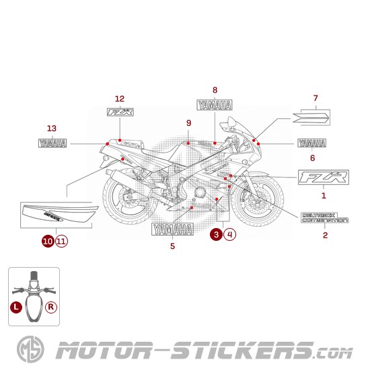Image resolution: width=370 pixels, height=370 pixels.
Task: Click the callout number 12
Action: pyautogui.click(x=120, y=98)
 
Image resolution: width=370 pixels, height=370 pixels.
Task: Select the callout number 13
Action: pyautogui.click(x=52, y=128)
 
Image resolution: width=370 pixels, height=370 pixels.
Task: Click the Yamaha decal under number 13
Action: pyautogui.click(x=52, y=143)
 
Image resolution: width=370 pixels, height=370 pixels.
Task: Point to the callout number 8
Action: pyautogui.click(x=215, y=89)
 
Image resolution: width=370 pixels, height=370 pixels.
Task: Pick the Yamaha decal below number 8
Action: pyautogui.click(x=215, y=105)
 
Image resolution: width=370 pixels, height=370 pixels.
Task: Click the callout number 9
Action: pyautogui.click(x=189, y=122)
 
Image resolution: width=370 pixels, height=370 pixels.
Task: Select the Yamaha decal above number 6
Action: pyautogui.click(x=311, y=143)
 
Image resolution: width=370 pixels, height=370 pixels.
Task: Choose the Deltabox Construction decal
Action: pyautogui.click(x=324, y=217)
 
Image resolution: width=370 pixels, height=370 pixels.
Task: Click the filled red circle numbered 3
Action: pyautogui.click(x=215, y=235)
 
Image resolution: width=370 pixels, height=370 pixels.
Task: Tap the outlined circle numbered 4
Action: pyautogui.click(x=230, y=235)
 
